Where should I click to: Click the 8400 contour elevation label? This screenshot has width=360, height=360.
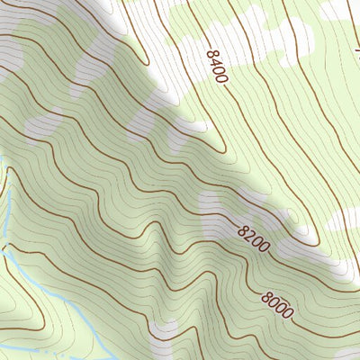pyautogui.click(x=216, y=67)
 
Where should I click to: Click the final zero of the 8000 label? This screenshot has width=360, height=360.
pyautogui.click(x=288, y=313)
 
